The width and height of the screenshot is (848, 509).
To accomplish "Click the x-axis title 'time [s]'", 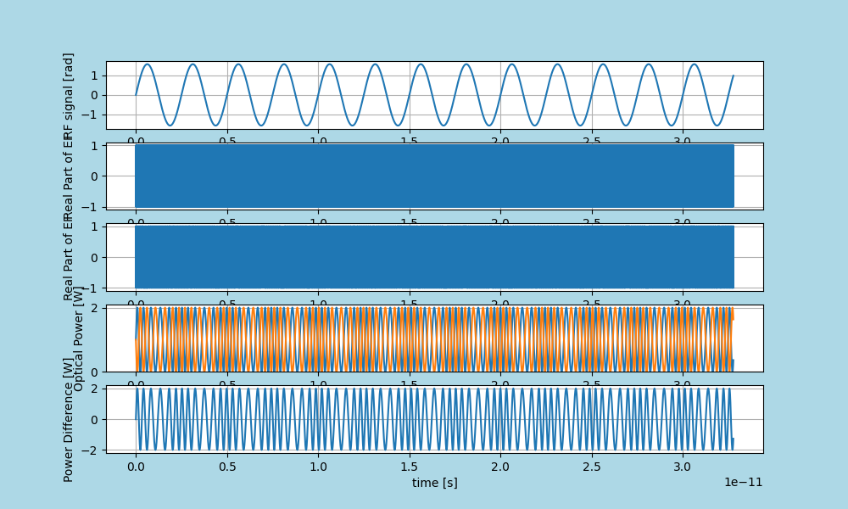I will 434,483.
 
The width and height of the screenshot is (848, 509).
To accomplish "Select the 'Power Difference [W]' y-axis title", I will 69,432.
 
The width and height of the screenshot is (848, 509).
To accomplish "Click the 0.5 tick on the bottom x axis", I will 227,467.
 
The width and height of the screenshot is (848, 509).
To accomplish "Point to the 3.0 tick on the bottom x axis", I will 683,467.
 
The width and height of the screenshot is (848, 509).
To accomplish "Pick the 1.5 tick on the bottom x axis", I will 410,467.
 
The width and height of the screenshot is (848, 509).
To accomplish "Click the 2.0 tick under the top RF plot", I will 500,143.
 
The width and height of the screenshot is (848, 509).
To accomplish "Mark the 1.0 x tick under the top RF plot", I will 318,143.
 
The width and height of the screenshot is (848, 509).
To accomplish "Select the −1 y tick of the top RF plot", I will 91,115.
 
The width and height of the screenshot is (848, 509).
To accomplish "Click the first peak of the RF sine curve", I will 147,64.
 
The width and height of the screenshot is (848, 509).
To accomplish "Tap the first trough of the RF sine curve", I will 170,126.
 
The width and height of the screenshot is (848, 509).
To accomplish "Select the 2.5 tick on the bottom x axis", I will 592,467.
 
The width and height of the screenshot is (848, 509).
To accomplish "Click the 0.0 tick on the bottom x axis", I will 136,467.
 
